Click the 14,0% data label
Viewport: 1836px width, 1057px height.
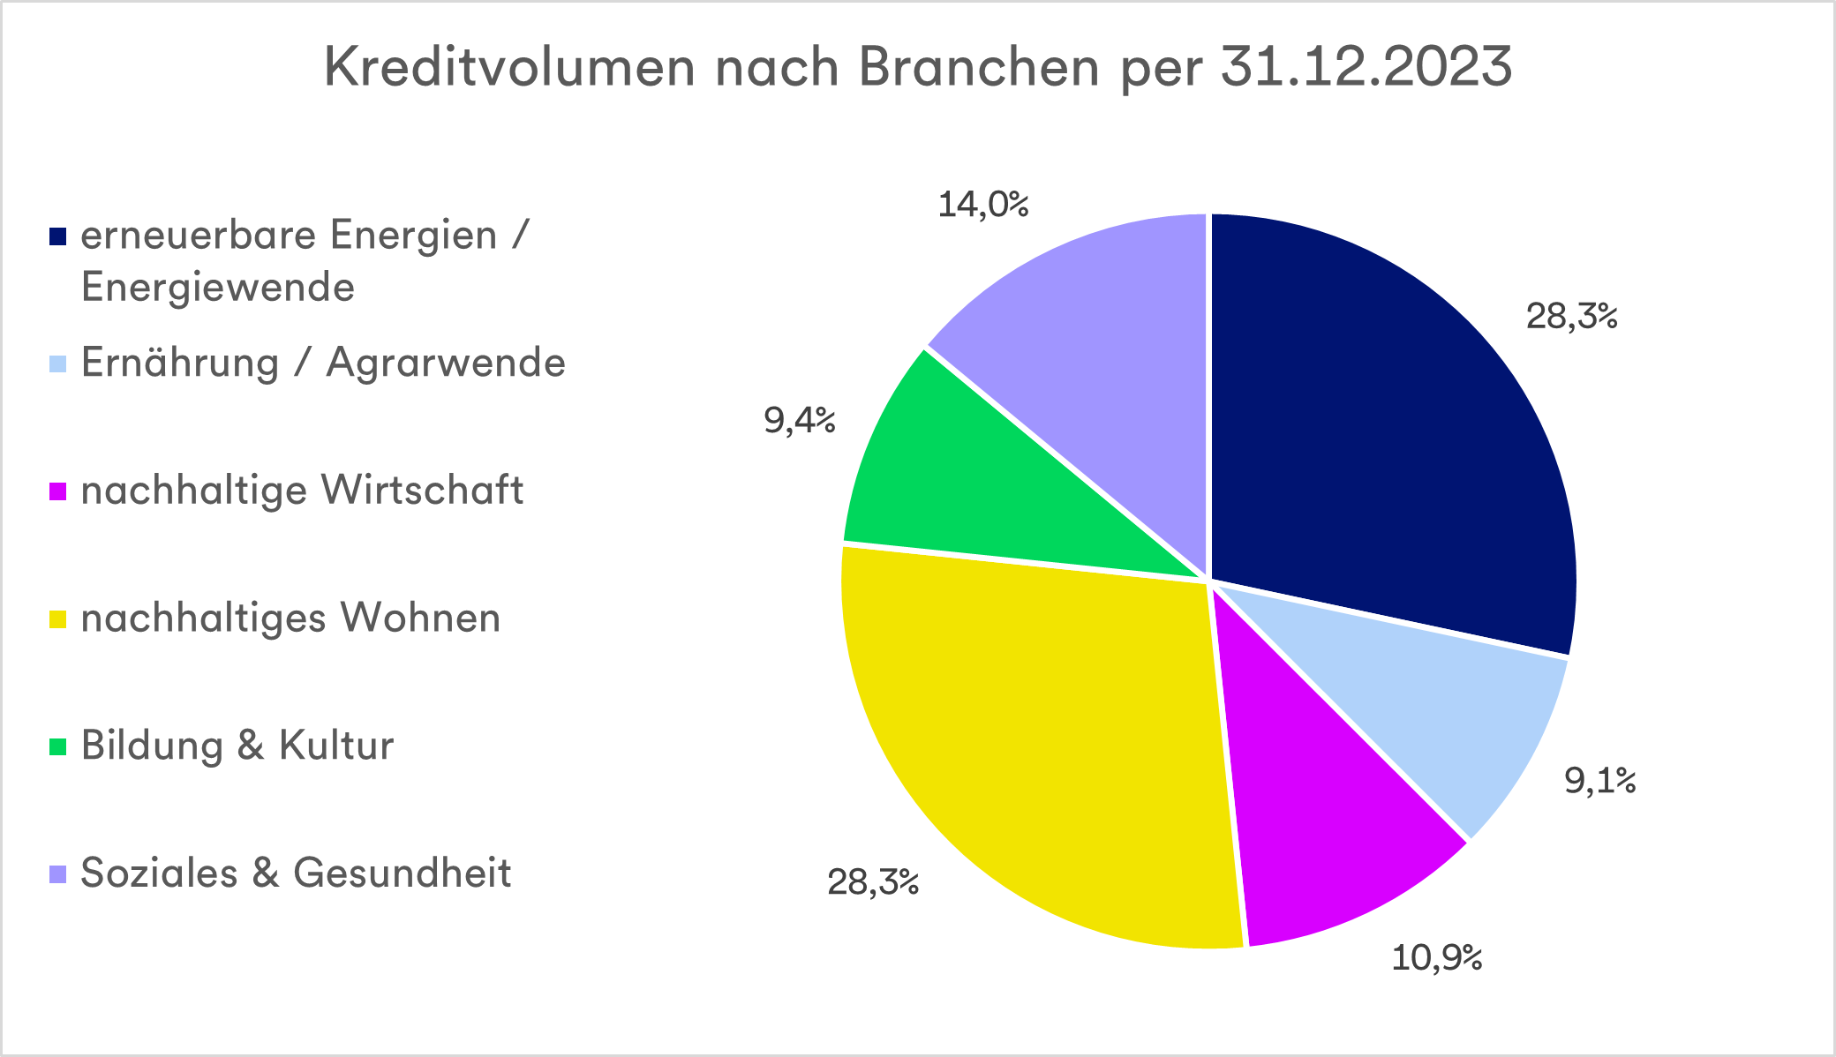pos(982,206)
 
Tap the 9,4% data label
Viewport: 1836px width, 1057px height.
pos(800,422)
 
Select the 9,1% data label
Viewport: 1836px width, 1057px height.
pos(1599,781)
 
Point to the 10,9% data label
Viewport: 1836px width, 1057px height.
pos(1437,957)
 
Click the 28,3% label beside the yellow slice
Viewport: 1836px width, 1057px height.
pos(873,882)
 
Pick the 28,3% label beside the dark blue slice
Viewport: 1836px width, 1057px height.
pos(1571,316)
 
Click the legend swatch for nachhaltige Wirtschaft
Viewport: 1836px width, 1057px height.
pos(58,491)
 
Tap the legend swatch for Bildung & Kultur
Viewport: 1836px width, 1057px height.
pos(58,746)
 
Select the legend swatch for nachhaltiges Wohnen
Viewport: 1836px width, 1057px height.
pos(58,619)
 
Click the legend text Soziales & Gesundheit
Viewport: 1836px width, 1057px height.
pos(296,873)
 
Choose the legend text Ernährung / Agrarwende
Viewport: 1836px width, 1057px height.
pos(323,363)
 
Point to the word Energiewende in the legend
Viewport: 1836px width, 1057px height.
pos(217,288)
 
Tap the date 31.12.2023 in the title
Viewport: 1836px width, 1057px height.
pos(1366,67)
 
